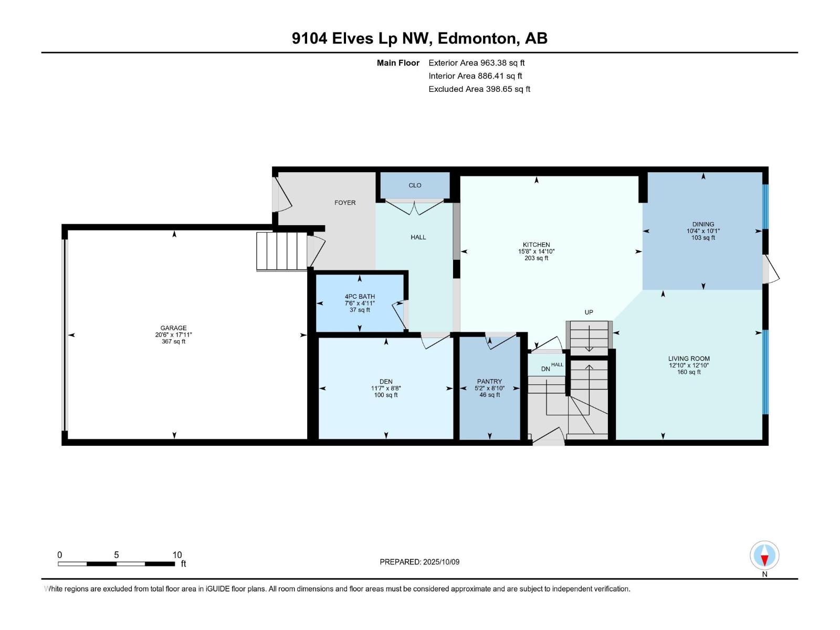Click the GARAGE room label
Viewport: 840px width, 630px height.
[173, 328]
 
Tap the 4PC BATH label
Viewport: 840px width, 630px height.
[360, 297]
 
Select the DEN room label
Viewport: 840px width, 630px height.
[386, 382]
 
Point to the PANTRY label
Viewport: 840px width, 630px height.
[489, 382]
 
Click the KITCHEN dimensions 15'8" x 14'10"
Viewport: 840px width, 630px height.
[536, 251]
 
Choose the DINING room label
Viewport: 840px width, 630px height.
[703, 224]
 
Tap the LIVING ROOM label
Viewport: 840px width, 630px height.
[689, 359]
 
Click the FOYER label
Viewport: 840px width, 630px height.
[345, 203]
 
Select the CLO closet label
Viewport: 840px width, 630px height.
[415, 185]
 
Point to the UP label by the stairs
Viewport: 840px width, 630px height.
[589, 312]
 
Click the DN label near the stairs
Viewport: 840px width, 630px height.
[545, 369]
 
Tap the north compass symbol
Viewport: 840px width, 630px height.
[764, 556]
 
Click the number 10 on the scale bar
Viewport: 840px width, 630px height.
[177, 555]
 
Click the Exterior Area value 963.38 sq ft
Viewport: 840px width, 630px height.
[502, 63]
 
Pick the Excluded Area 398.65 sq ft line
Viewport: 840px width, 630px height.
[479, 89]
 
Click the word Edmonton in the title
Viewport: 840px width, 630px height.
[476, 38]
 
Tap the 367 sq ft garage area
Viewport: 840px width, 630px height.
[173, 342]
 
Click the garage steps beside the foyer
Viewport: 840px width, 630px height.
[281, 251]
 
